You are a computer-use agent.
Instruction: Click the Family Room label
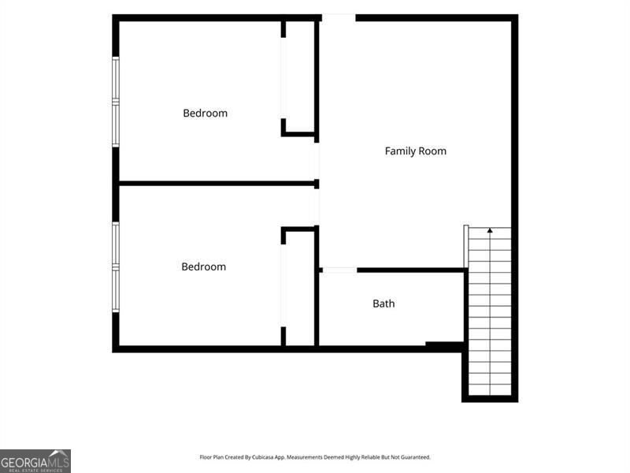coord(416,151)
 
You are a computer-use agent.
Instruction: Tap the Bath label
coord(384,304)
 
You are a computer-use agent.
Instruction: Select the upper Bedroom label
coord(205,113)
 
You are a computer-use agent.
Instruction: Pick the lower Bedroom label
coord(204,266)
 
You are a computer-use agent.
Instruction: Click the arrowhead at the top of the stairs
coord(490,230)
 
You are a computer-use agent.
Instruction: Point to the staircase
coord(490,311)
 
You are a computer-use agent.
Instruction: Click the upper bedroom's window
coord(116,102)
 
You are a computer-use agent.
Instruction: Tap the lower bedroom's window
coord(116,267)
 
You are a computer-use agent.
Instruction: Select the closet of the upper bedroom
coord(299,77)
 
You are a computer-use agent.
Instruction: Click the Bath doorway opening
coord(339,270)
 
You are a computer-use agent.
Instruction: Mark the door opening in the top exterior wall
coord(339,17)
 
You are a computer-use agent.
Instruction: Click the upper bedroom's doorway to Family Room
coord(317,161)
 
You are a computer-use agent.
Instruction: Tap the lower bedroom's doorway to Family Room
coord(317,207)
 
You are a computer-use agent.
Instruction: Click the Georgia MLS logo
coord(35,461)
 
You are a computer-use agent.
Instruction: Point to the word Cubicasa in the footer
coord(261,457)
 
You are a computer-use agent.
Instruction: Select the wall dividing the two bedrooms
coord(217,184)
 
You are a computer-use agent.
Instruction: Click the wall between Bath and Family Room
coord(410,270)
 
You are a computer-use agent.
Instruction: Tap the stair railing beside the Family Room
coord(466,246)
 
